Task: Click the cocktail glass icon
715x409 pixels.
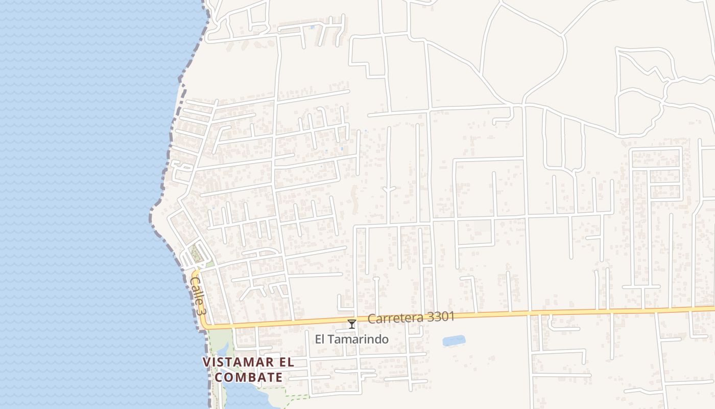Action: tap(351, 324)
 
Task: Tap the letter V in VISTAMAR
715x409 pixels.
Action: tap(207, 362)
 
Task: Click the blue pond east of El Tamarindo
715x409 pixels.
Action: tap(454, 340)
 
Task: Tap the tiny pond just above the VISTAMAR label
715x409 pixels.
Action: tap(223, 349)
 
